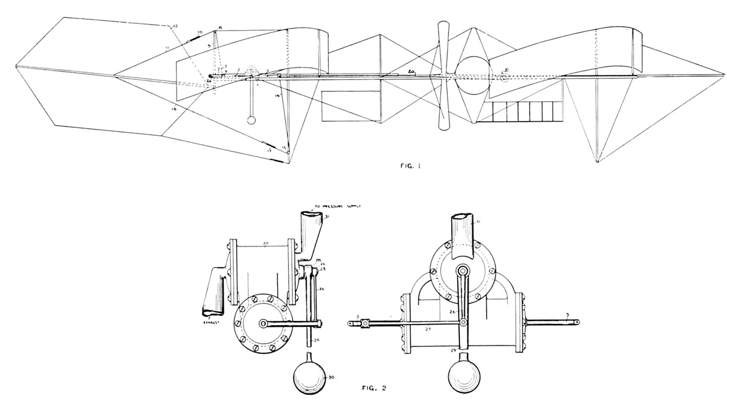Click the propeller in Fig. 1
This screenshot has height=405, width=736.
point(443,76)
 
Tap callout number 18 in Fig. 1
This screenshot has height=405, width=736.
point(174,109)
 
